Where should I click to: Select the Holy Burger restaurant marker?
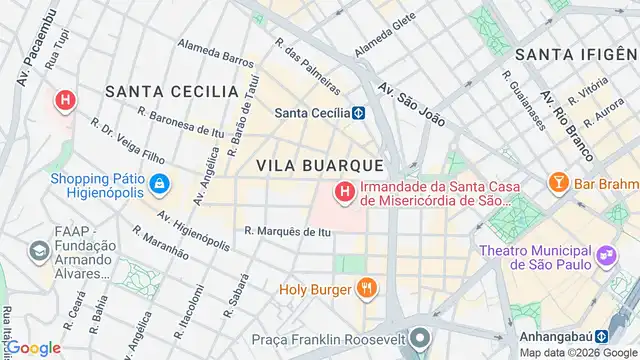[x=367, y=290]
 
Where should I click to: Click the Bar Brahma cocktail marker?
[x=558, y=183]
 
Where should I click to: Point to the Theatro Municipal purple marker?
[x=605, y=256]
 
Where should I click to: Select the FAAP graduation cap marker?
[x=39, y=249]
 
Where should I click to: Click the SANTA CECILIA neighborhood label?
[x=171, y=91]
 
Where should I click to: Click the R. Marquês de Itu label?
[x=287, y=232]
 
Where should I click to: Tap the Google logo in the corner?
[x=32, y=348]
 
